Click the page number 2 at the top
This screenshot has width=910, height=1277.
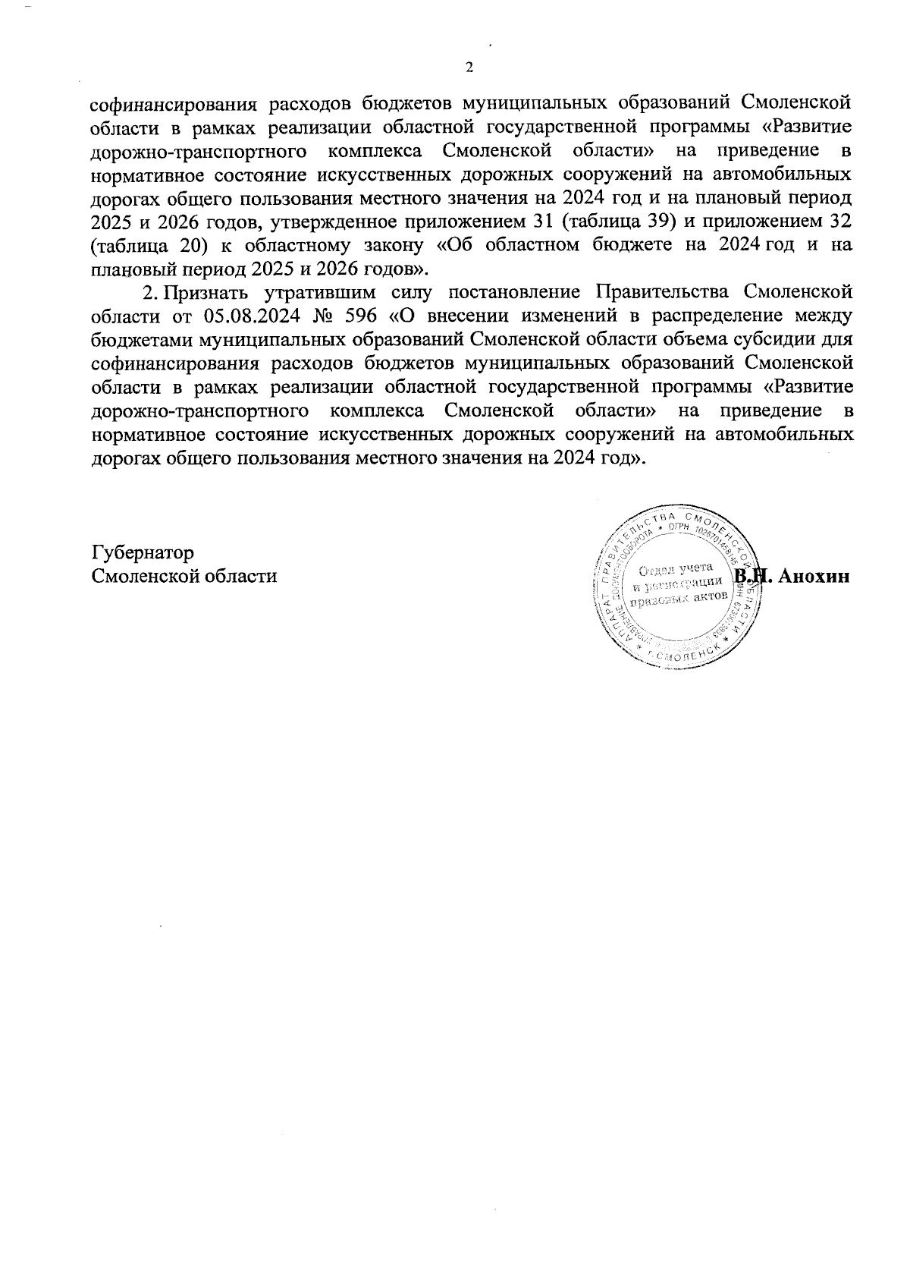[468, 68]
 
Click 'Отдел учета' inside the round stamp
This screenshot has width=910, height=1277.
[674, 569]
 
